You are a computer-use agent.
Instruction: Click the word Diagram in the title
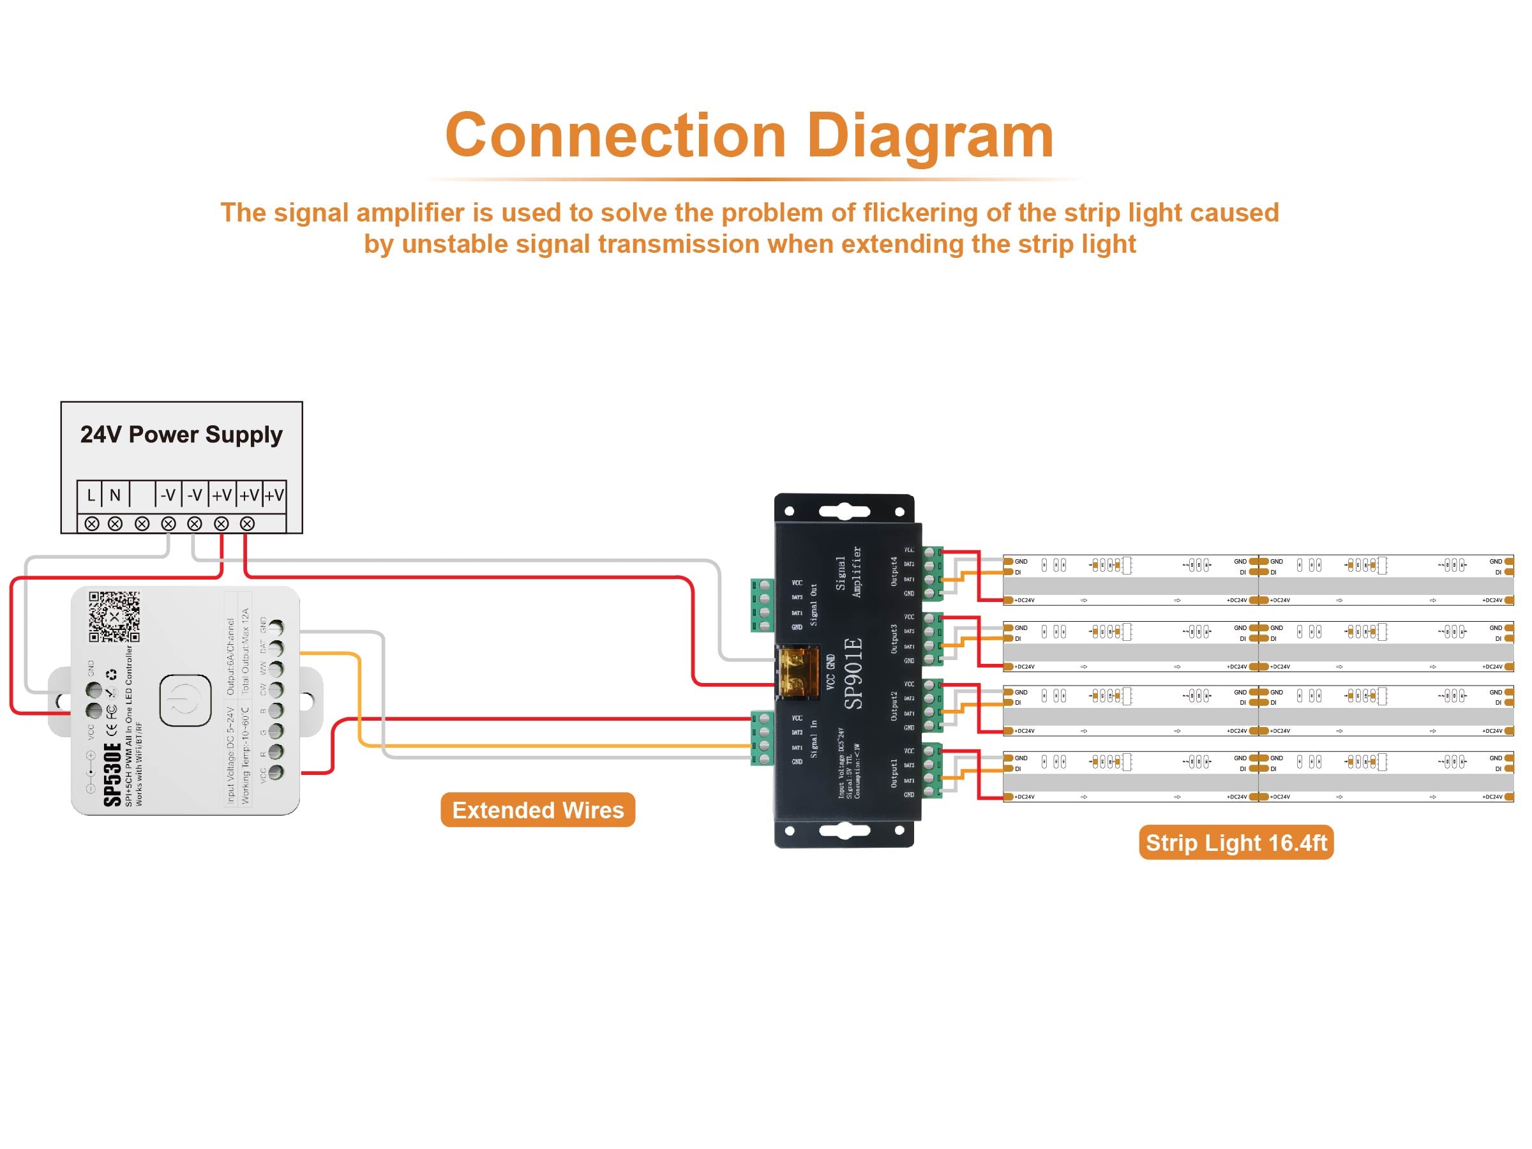point(929,136)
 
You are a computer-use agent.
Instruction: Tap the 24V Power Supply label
point(181,434)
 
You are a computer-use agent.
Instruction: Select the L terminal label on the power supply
point(91,495)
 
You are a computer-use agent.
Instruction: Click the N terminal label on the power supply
point(115,495)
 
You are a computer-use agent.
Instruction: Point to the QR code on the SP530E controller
point(114,616)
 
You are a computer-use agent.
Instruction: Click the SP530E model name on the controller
point(112,774)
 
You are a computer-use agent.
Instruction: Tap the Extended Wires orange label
point(537,809)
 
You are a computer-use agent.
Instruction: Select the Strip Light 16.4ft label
point(1236,842)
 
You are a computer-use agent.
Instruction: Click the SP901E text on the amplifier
point(854,673)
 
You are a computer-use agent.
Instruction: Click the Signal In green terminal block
point(763,739)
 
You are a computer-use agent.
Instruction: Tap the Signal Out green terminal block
point(763,605)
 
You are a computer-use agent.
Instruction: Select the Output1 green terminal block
point(932,770)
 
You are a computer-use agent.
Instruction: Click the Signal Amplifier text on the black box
point(848,572)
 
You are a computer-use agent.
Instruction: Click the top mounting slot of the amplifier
point(844,512)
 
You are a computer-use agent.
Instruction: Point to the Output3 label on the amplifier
point(894,638)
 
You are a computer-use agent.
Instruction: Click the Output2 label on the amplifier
point(894,705)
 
